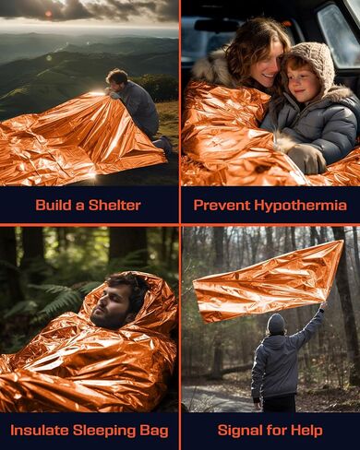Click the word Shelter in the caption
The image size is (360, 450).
pos(116,205)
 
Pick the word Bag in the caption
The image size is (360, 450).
pos(153,430)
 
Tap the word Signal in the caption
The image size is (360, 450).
pos(241,430)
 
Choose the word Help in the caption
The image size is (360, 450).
pos(306,430)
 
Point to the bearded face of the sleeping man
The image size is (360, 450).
pos(112,305)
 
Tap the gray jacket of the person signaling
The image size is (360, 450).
pos(277,364)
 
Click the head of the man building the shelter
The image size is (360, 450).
pos(116,78)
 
